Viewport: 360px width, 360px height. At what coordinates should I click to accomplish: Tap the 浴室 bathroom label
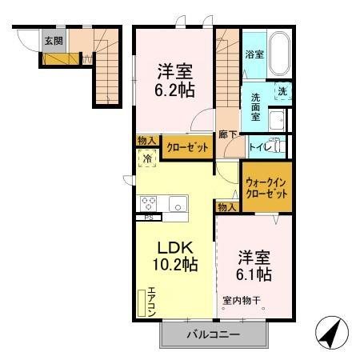254,54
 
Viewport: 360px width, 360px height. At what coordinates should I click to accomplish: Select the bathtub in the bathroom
280,54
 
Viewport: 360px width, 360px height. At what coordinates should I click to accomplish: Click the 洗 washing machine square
283,91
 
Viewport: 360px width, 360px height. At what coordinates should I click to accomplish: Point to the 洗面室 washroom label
254,104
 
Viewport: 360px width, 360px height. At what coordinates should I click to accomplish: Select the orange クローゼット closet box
187,147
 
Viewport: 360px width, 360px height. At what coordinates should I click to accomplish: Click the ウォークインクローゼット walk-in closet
266,188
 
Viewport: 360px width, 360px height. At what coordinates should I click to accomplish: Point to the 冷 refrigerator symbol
148,158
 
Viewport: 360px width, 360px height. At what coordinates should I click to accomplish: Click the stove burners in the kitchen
150,202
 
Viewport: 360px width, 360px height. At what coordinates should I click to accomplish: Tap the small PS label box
149,218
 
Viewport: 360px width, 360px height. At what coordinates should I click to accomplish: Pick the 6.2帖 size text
174,90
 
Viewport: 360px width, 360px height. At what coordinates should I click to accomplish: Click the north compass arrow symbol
331,330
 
